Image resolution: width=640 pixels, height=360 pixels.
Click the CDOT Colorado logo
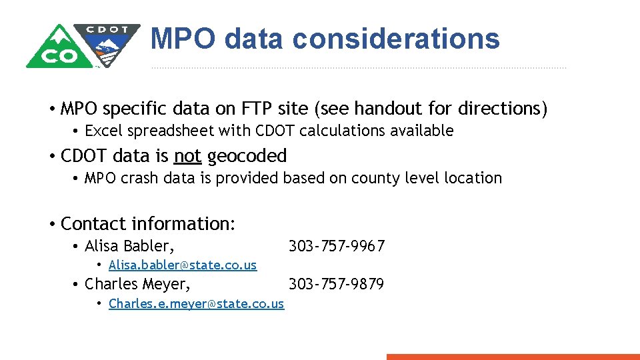tap(83, 45)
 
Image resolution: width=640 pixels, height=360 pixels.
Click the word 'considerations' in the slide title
tap(396, 39)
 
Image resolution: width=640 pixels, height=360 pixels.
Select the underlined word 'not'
tap(187, 156)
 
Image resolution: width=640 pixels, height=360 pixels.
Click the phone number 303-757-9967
tap(336, 246)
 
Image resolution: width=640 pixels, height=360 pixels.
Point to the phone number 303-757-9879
tap(336, 285)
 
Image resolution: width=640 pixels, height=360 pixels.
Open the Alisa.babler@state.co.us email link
tap(183, 265)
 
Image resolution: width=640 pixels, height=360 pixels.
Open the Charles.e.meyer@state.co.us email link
tap(196, 304)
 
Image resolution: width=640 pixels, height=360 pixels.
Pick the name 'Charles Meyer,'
tap(137, 285)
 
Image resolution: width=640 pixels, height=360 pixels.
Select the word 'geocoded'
tap(247, 156)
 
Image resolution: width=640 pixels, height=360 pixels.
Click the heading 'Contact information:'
tap(148, 223)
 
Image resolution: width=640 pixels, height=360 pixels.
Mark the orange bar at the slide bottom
tap(513, 357)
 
